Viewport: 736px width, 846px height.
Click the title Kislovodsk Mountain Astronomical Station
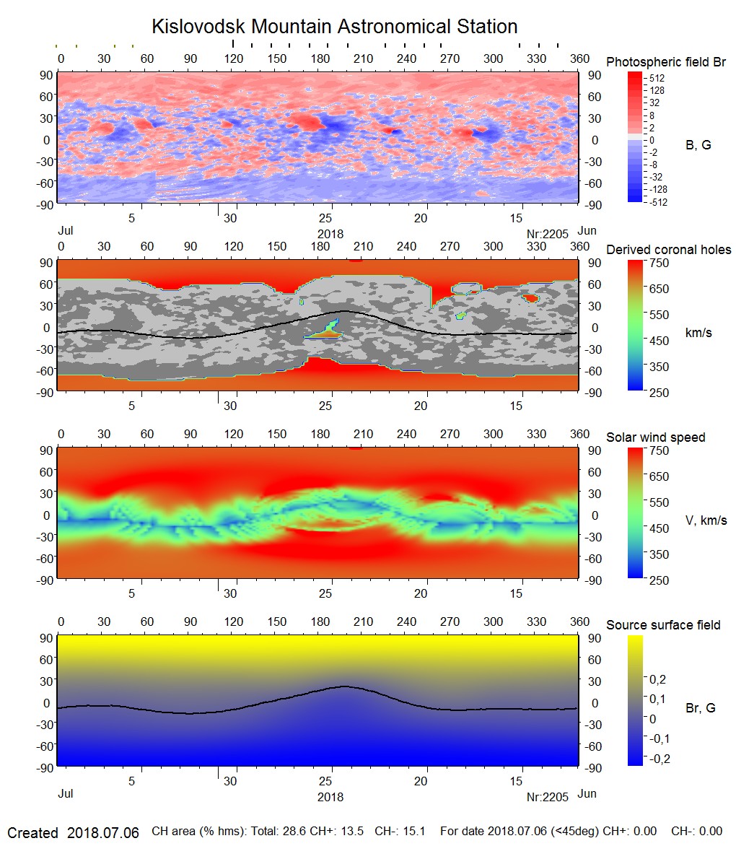(334, 27)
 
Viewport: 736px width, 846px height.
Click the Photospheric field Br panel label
(666, 62)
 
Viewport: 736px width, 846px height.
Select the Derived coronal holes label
(668, 250)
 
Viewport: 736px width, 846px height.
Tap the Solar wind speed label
(655, 437)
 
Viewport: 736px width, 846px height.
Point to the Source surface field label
(663, 625)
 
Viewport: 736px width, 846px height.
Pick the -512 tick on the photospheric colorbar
(657, 202)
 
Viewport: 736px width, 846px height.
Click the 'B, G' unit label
(698, 145)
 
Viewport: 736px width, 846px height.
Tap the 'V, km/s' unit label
(706, 520)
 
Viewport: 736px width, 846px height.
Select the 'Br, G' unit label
(700, 708)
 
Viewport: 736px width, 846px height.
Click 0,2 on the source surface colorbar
(658, 679)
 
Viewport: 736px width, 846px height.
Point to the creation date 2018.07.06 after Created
(102, 832)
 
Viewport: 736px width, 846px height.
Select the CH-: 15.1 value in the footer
(398, 832)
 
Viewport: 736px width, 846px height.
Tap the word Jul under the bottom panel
(65, 793)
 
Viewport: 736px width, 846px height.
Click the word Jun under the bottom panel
(587, 793)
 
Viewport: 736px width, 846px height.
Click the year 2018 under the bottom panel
(330, 797)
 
